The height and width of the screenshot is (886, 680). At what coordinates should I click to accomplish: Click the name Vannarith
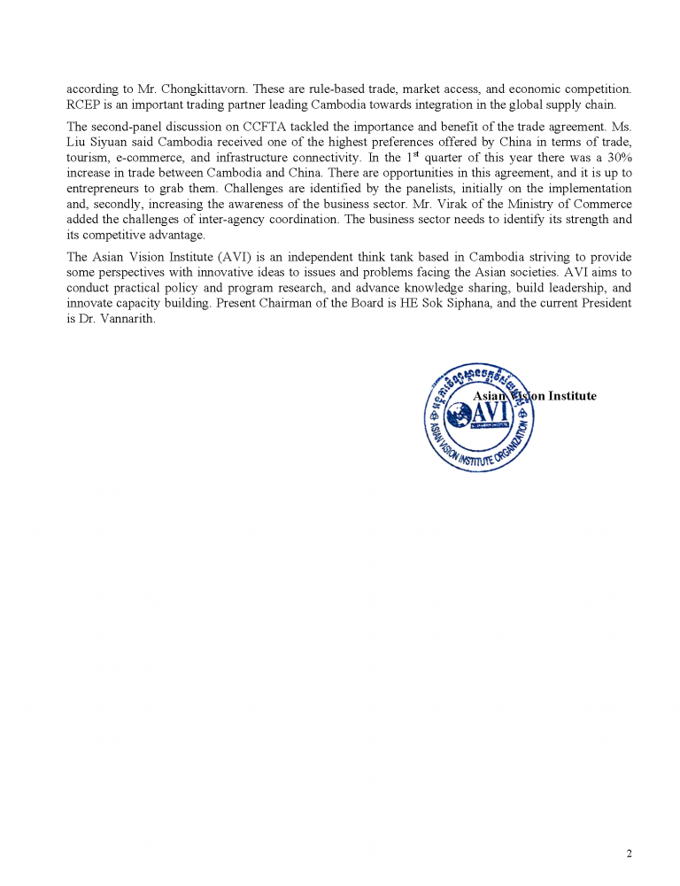pyautogui.click(x=126, y=319)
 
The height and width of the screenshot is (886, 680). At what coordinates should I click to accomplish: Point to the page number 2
pyautogui.click(x=629, y=853)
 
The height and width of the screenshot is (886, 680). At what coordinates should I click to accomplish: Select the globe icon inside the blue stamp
pyautogui.click(x=460, y=414)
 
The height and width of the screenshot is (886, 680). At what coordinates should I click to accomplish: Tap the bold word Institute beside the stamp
pyautogui.click(x=568, y=396)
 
